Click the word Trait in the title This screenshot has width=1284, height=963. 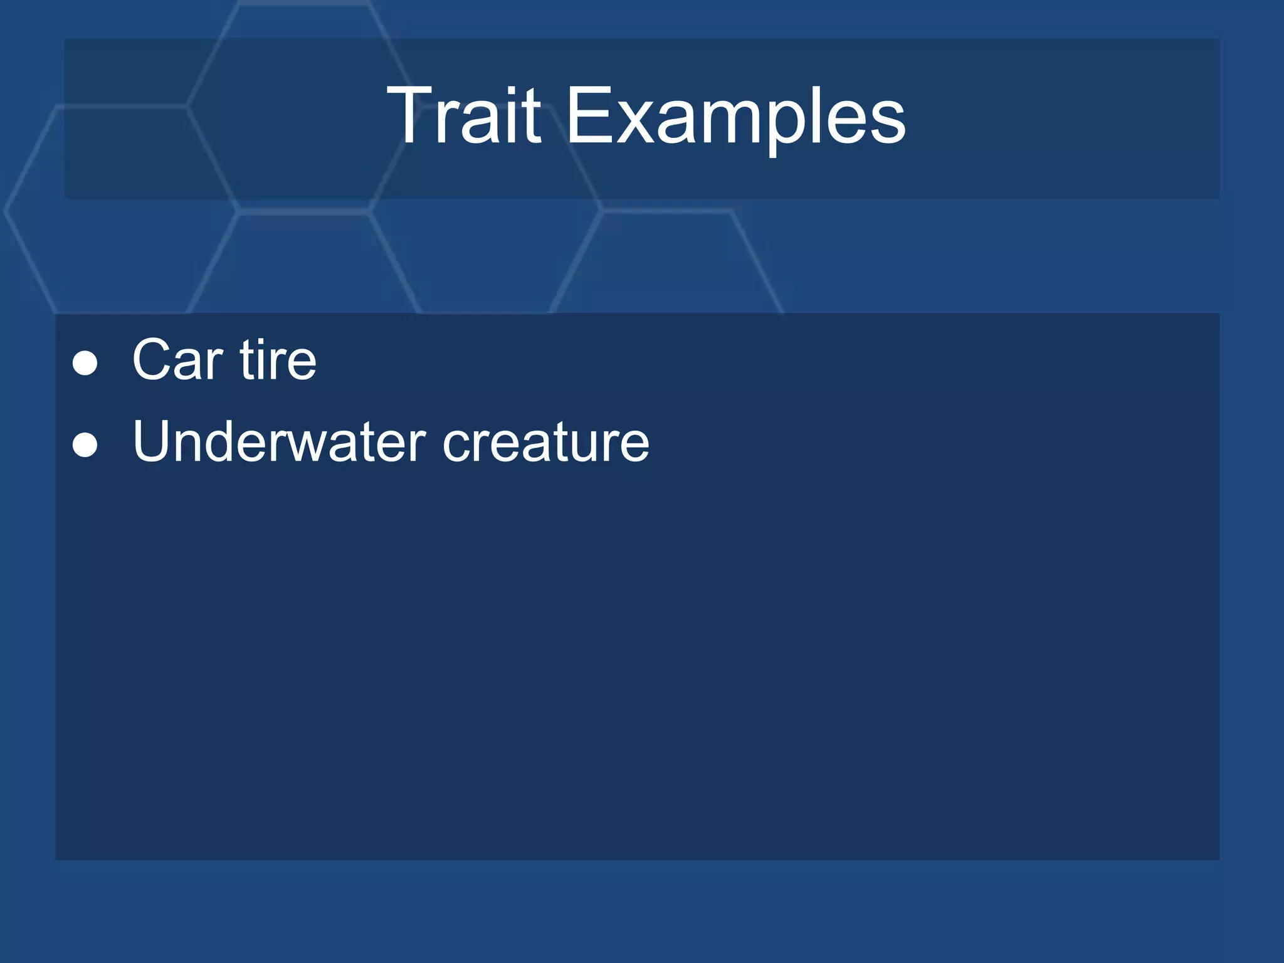[464, 116]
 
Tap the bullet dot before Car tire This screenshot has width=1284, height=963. [85, 363]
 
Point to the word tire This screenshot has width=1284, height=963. [278, 360]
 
